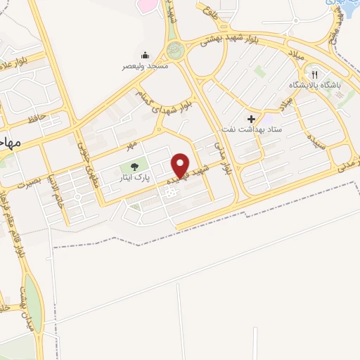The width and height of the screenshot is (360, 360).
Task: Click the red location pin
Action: tap(181, 166)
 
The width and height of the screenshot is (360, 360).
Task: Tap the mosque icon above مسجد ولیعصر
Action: tap(145, 55)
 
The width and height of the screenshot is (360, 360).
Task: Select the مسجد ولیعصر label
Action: tap(144, 65)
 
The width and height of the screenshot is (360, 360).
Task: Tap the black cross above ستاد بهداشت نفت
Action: tap(251, 118)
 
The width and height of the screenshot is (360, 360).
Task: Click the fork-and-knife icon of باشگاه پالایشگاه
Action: tap(316, 74)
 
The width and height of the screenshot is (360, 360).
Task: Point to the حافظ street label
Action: tap(37, 118)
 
